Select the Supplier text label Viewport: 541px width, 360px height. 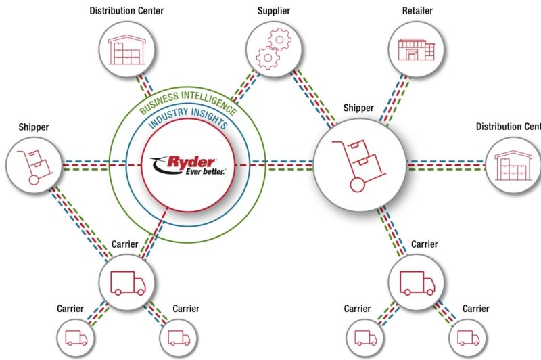click(274, 11)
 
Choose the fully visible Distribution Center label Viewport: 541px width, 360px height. click(126, 11)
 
